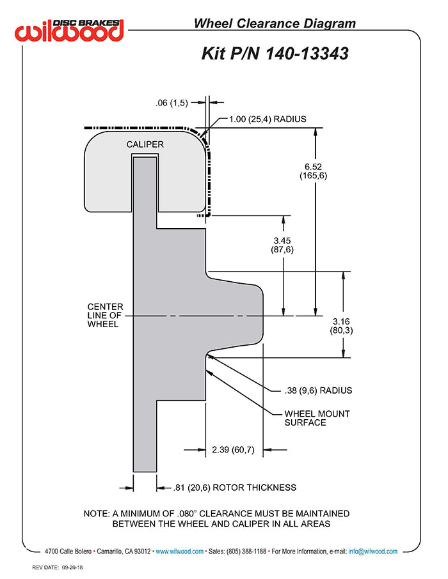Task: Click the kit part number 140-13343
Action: click(307, 54)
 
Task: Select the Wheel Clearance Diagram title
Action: click(275, 24)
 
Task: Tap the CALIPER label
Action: click(145, 144)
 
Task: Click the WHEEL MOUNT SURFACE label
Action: click(317, 419)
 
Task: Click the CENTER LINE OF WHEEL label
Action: click(105, 315)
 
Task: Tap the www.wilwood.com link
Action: click(179, 552)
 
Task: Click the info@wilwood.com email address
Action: click(373, 552)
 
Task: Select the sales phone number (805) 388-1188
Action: click(246, 552)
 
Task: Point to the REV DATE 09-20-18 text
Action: click(58, 567)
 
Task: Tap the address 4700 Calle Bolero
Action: click(68, 552)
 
